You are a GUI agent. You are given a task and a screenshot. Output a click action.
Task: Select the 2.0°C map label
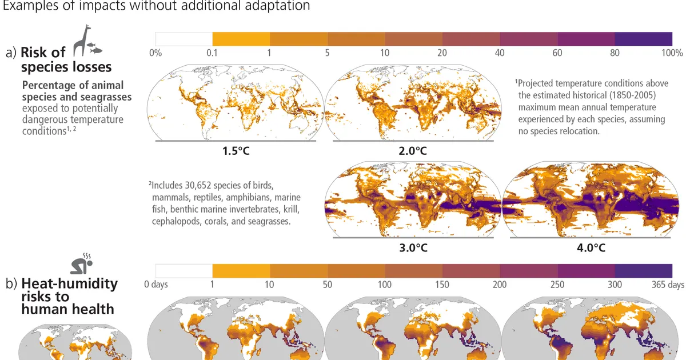click(x=413, y=152)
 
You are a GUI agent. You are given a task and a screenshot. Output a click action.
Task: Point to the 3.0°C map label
click(x=413, y=248)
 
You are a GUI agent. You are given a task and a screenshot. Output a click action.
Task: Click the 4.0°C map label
click(x=591, y=248)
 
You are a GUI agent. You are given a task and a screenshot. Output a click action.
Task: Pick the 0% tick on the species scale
click(x=155, y=53)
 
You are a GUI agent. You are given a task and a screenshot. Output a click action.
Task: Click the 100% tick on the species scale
click(x=672, y=53)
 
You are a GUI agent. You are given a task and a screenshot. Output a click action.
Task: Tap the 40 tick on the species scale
click(x=500, y=53)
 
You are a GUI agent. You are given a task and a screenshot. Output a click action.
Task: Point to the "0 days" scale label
click(x=156, y=285)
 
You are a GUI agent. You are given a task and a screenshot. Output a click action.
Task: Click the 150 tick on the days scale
click(x=442, y=285)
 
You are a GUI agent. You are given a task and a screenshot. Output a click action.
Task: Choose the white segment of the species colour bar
click(x=184, y=39)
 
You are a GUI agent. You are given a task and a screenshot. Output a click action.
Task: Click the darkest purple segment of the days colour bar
click(x=643, y=270)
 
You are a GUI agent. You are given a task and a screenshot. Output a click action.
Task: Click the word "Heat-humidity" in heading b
click(x=69, y=283)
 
